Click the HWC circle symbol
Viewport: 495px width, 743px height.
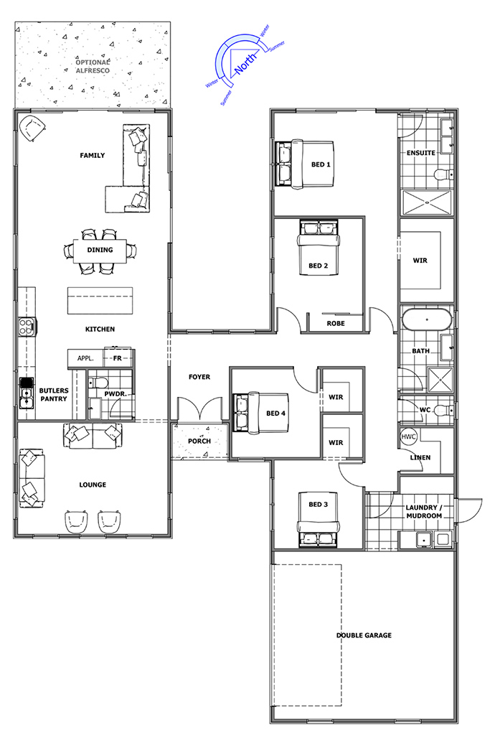point(408,436)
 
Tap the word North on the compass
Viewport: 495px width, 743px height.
point(245,63)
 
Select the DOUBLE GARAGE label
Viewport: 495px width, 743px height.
point(364,635)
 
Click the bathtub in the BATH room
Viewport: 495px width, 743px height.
point(427,320)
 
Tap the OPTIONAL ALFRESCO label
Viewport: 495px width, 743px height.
point(93,66)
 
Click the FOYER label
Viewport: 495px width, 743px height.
point(199,377)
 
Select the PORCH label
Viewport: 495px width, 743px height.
point(199,441)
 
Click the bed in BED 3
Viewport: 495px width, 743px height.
point(319,519)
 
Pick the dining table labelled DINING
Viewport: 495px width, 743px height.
point(100,251)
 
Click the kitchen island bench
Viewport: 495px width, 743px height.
point(100,300)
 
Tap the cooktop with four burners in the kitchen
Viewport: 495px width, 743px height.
point(26,326)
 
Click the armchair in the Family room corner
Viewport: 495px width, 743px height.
point(32,127)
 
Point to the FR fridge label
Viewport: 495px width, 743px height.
point(117,359)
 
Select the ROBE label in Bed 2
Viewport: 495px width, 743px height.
point(336,324)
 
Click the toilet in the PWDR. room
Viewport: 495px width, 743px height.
point(98,382)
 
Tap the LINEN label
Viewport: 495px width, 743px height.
point(420,458)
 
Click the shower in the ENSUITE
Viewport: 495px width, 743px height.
point(427,202)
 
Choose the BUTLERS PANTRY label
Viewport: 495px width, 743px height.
point(54,395)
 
